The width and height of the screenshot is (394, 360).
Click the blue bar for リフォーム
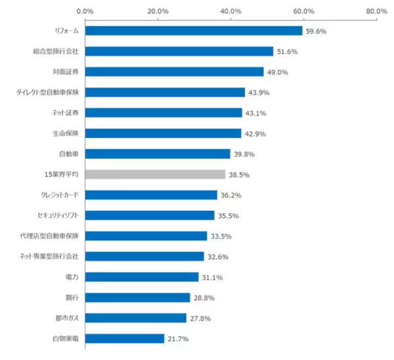[x=193, y=31]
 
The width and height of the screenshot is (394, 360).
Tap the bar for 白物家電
[x=124, y=339]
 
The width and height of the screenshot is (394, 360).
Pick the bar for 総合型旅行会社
[x=179, y=51]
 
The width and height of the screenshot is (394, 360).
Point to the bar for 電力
[x=141, y=277]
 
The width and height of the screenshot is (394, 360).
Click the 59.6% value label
[x=317, y=31]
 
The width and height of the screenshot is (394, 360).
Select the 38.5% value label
[x=239, y=175]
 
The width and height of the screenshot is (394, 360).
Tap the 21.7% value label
[x=178, y=339]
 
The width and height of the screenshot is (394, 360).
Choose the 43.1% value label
[x=256, y=113]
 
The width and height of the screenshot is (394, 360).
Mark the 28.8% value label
[x=204, y=298]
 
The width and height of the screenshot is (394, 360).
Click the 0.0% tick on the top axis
[x=85, y=11]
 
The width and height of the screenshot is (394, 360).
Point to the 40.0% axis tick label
[x=231, y=11]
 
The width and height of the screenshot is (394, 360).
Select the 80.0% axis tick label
[x=376, y=11]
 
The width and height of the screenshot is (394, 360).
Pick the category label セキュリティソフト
[x=58, y=215]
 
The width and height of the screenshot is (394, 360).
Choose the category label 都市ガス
[x=66, y=319]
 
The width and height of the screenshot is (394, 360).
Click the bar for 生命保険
[x=163, y=133]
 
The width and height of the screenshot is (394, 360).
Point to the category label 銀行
[x=72, y=298]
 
